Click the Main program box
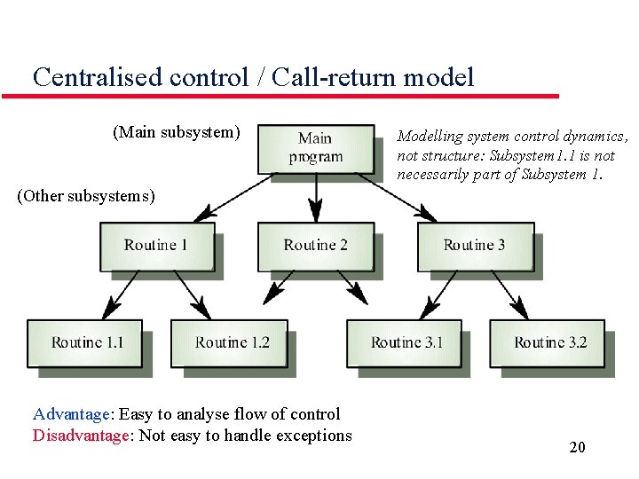click(315, 147)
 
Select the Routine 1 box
click(156, 245)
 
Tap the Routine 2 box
click(315, 245)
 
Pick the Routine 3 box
click(475, 245)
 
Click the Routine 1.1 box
click(85, 342)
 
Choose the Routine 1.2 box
click(230, 342)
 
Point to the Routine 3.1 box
click(405, 342)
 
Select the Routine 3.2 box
click(548, 342)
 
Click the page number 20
click(577, 447)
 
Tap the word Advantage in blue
click(71, 414)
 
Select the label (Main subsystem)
click(176, 132)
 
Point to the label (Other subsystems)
click(85, 196)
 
